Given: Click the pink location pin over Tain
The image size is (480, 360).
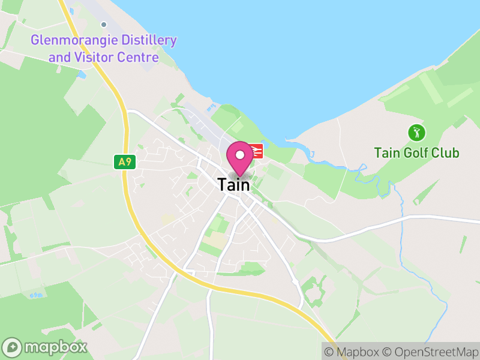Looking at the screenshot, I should (x=240, y=158).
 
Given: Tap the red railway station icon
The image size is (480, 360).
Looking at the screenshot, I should (x=256, y=151).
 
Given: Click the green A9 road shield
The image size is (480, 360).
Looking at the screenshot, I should (x=125, y=162).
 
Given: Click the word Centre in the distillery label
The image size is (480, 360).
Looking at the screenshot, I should (x=139, y=58).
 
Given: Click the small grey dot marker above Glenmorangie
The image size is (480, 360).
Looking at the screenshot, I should (x=104, y=25).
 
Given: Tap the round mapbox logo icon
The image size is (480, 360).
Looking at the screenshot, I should (x=13, y=347).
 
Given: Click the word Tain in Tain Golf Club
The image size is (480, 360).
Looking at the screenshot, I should (x=386, y=153).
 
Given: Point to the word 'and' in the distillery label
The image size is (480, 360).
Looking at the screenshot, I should (x=59, y=58).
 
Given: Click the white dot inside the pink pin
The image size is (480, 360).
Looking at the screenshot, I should (x=240, y=154).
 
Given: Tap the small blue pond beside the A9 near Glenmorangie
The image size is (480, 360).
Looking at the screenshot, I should (x=82, y=74).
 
